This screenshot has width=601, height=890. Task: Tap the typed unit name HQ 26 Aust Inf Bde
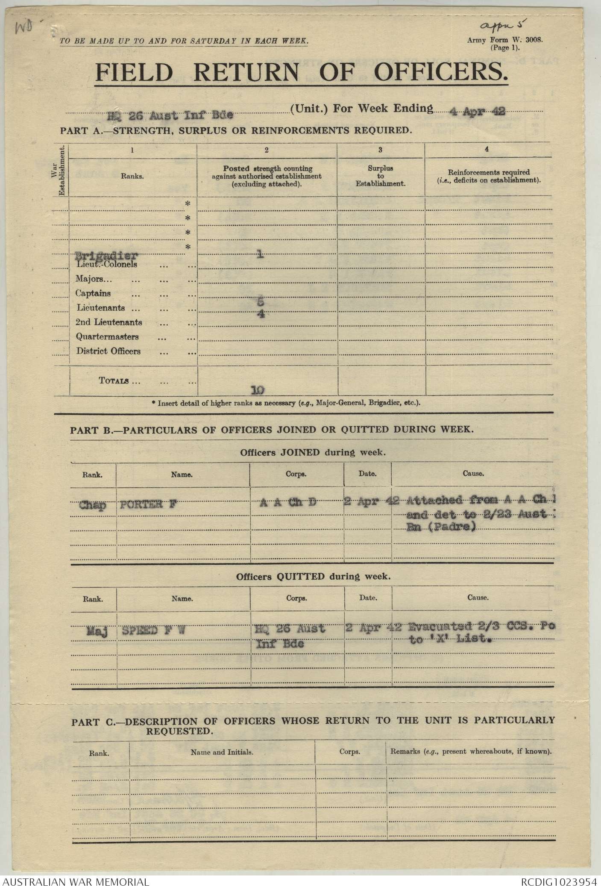point(170,115)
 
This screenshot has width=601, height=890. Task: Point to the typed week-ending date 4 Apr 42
point(477,112)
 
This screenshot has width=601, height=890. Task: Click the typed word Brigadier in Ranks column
point(106,256)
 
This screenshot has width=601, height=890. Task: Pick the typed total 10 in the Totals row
point(258,390)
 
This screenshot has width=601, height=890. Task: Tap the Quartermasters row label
point(107,337)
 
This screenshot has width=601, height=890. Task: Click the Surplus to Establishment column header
point(381,176)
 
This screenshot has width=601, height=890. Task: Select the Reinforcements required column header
point(488,176)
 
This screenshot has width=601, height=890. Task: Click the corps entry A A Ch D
point(288,503)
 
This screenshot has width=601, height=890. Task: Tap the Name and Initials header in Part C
point(222,752)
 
